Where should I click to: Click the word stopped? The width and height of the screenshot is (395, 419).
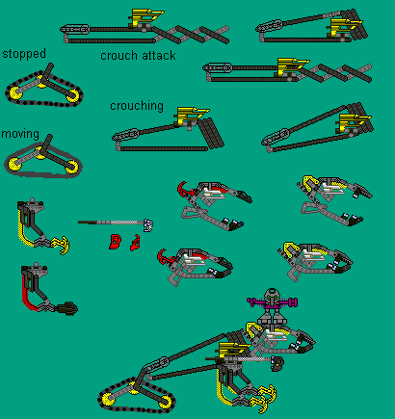pos(24,54)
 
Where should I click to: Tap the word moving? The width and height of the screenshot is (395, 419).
pos(20,134)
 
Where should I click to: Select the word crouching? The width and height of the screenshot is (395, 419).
pos(137,106)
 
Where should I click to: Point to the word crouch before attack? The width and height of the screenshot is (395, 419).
pos(119,56)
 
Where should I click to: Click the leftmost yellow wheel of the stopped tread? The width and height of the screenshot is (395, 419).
pos(15,93)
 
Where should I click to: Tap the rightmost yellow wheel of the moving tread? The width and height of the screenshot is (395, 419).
pos(71,166)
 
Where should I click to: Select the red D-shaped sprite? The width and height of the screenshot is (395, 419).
pos(115,242)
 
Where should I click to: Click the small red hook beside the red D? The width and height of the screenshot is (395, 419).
pos(135,243)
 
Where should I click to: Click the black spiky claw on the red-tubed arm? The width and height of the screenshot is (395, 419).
pos(69,308)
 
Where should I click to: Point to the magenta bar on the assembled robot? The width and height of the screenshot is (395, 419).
pos(273,301)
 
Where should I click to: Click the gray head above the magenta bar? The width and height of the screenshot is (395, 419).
pos(272,294)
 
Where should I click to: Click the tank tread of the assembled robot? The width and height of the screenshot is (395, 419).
pos(137,396)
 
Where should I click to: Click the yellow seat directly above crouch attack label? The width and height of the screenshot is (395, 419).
pos(146,17)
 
